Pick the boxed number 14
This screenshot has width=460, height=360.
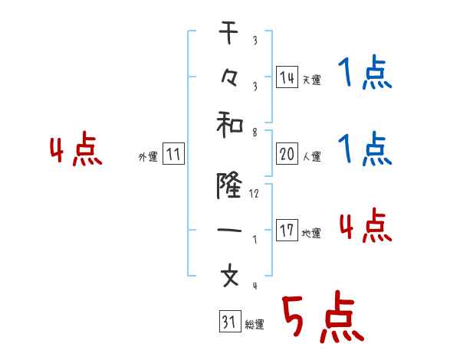point(287,77)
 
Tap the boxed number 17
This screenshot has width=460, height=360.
point(287,231)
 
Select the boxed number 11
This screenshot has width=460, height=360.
point(173,155)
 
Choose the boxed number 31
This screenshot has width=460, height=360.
point(228,322)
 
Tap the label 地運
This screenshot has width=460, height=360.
point(311,233)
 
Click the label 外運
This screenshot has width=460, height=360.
point(148,157)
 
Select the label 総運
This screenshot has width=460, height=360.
point(254,325)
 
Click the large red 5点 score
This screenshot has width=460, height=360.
point(322,316)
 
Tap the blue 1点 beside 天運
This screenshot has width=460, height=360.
point(364,74)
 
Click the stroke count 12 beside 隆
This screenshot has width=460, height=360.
point(255,194)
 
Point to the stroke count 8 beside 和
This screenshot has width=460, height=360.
point(254,132)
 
